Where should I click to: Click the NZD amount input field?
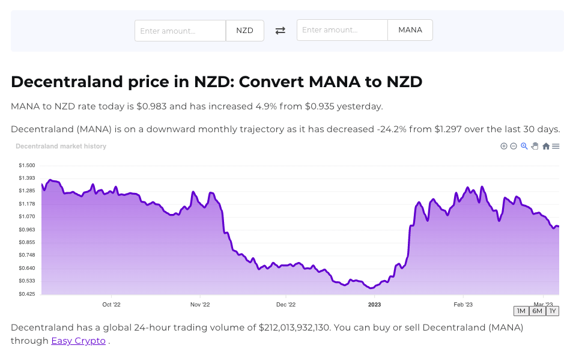[180, 31]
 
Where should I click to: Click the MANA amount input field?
[342, 30]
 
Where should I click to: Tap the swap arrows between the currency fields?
[280, 31]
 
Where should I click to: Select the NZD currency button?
[244, 31]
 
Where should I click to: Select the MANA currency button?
[410, 30]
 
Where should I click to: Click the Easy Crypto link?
[78, 341]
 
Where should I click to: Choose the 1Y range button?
[553, 311]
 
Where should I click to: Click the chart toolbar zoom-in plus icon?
[504, 146]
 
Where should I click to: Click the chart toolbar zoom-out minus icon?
[514, 146]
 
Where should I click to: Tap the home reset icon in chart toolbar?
[546, 146]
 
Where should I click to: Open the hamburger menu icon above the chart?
[556, 146]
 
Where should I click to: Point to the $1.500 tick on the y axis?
[27, 165]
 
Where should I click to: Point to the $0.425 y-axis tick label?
[27, 294]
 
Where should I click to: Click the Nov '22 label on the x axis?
[200, 305]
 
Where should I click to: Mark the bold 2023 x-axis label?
[374, 305]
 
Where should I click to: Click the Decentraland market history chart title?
[61, 146]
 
